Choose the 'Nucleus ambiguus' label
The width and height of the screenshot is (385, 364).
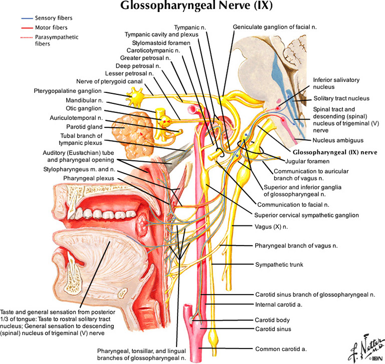coord(337,141)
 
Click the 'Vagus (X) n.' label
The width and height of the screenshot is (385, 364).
coord(271,226)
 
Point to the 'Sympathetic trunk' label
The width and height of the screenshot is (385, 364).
coord(279,264)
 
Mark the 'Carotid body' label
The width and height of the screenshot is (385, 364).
coord(272,320)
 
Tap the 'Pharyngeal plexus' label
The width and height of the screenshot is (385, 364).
coord(89,178)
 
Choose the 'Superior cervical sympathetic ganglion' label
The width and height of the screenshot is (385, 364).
coord(307,215)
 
